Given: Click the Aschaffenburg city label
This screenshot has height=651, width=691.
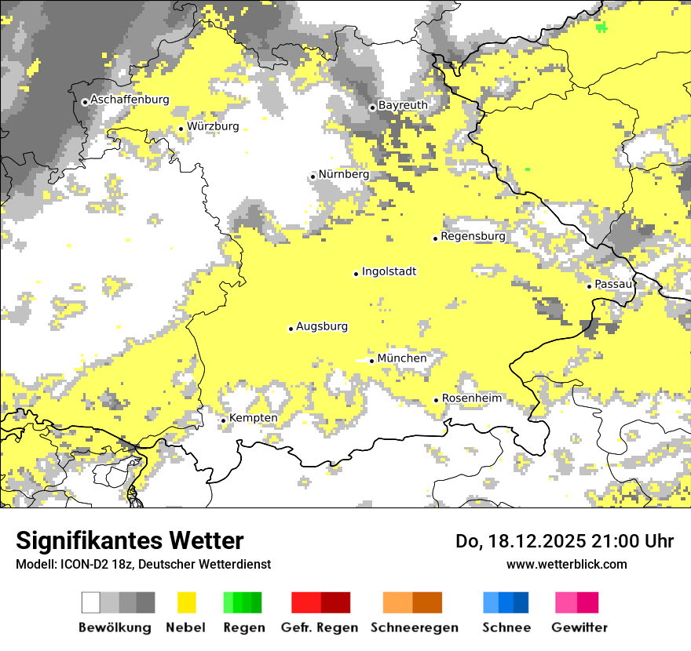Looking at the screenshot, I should click(130, 100).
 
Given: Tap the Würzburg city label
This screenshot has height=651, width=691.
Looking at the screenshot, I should click(213, 126).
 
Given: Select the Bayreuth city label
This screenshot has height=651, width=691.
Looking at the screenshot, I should click(403, 105).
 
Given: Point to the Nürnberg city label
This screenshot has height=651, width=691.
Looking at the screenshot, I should click(343, 174).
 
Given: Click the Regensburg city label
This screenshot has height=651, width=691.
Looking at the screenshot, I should click(473, 236).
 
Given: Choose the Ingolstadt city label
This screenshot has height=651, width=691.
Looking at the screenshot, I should click(389, 271).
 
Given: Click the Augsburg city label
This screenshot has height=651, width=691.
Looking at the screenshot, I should click(322, 326).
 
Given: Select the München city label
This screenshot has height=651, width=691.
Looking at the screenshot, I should click(402, 358).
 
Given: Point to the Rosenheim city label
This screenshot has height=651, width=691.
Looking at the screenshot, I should click(471, 398).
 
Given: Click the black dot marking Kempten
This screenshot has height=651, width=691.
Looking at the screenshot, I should click(223, 420).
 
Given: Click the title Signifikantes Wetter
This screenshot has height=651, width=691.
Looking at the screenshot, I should click(130, 541).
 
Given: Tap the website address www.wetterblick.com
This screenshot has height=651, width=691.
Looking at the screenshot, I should click(566, 564).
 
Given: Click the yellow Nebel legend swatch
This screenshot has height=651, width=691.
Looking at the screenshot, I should click(186, 602).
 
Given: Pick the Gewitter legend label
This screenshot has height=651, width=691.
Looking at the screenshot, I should click(579, 627).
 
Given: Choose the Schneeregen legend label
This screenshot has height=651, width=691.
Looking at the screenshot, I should click(415, 627).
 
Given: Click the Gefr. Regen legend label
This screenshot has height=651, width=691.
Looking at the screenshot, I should click(320, 627).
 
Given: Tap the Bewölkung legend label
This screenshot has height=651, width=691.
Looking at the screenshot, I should click(115, 627).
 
